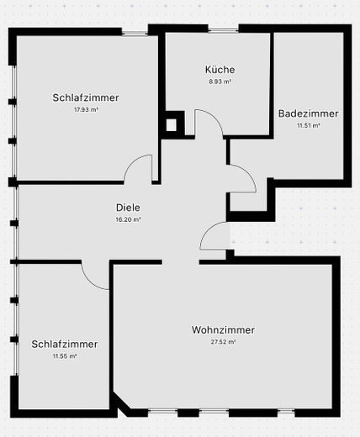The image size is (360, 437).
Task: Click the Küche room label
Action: pyautogui.click(x=220, y=70)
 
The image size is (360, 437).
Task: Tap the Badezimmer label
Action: pyautogui.click(x=308, y=113)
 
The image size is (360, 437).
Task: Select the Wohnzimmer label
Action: pyautogui.click(x=223, y=329)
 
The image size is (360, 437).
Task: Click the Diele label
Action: pyautogui.click(x=128, y=208)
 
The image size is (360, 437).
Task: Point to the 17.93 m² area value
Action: pyautogui.click(x=86, y=109)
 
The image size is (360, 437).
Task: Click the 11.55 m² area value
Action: pyautogui.click(x=65, y=356)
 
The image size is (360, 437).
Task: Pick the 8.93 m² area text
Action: pyautogui.click(x=220, y=82)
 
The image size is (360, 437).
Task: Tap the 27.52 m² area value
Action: pyautogui.click(x=223, y=342)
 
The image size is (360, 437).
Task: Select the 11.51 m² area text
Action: pyautogui.click(x=309, y=125)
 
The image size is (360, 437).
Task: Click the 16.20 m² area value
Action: pyautogui.click(x=128, y=219)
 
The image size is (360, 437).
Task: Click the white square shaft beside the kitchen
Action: pyautogui.click(x=171, y=125)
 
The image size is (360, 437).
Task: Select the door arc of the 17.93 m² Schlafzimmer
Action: pyautogui.click(x=132, y=162)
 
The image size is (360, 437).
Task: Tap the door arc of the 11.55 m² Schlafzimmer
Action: pyautogui.click(x=89, y=282)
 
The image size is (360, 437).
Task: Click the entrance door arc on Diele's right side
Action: pyautogui.click(x=208, y=229)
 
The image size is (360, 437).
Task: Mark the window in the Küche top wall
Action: pyautogui.click(x=224, y=29)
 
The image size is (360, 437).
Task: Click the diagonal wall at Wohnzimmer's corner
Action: pyautogui.click(x=120, y=403)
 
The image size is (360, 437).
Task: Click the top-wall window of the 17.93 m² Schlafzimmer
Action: pyautogui.click(x=135, y=32)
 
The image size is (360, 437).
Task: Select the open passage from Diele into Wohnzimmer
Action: pyautogui.click(x=181, y=262)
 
